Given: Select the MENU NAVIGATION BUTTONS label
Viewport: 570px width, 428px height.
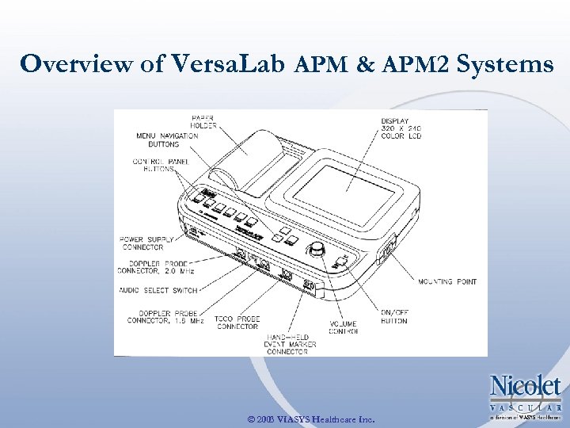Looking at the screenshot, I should click(167, 140).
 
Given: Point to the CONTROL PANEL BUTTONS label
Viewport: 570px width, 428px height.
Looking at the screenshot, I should click(158, 165).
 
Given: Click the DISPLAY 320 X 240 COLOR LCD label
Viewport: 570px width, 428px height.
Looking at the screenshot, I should click(401, 128).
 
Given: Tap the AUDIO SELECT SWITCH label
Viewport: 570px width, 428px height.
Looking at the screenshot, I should click(158, 291).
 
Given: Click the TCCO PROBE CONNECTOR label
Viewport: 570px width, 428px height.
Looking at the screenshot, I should click(238, 323).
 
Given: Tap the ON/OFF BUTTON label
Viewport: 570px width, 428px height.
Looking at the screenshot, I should click(393, 317).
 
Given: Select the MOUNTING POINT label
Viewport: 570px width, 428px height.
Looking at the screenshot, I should click(447, 281).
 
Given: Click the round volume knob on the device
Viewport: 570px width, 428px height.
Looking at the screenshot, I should click(318, 250).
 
